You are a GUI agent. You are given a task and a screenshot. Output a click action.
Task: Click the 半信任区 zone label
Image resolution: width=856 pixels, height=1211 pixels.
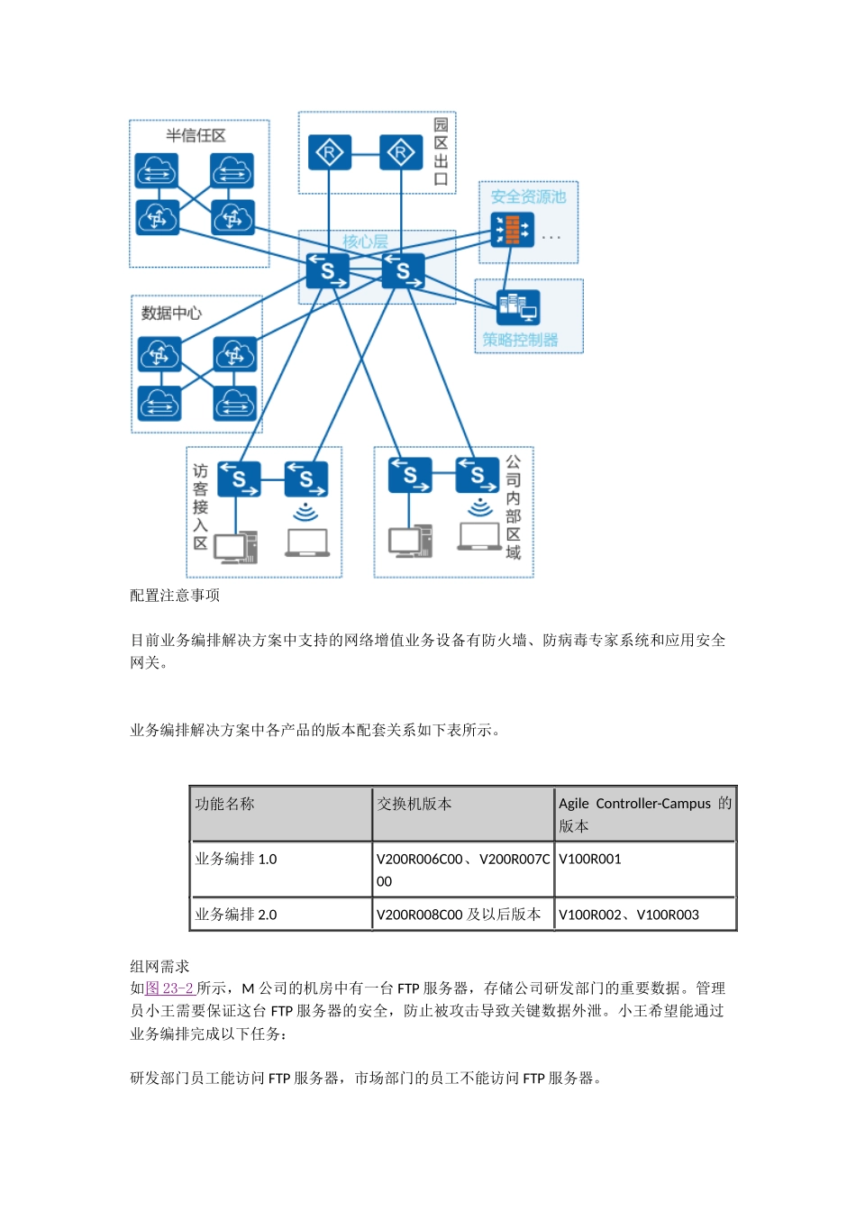[x=196, y=136]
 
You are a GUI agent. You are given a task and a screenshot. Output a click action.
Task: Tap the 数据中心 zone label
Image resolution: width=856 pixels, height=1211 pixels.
[x=171, y=314]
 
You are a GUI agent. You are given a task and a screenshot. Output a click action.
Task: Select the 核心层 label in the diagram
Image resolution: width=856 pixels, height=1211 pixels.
[x=365, y=241]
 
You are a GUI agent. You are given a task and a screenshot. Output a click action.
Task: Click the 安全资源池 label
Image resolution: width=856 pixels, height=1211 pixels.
[x=528, y=196]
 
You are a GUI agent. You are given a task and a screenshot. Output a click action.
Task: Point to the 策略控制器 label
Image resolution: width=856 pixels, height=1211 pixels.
[x=520, y=340]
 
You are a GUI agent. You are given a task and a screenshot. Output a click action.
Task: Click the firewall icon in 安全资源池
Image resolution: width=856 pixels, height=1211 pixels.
[x=511, y=230]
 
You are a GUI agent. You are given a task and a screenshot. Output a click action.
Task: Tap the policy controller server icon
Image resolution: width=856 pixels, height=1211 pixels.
[x=518, y=307]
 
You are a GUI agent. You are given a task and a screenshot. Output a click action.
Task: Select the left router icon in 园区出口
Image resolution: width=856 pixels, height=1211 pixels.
[x=329, y=153]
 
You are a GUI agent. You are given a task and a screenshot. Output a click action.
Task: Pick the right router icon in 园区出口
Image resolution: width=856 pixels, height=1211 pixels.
[x=401, y=153]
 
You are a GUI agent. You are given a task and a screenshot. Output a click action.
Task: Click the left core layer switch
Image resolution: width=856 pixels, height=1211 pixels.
[x=327, y=270]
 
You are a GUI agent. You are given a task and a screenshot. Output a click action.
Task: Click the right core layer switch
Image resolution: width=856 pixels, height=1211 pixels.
[x=403, y=270]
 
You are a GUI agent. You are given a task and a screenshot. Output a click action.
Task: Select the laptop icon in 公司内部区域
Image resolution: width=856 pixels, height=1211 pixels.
[x=479, y=537]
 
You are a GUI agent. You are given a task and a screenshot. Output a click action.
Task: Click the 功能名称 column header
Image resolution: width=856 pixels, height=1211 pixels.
[x=225, y=804]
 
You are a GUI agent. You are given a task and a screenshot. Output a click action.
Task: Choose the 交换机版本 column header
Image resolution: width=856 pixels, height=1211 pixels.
[x=414, y=804]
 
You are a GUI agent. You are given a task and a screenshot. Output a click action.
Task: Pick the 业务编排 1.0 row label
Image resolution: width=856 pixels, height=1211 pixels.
[x=236, y=859]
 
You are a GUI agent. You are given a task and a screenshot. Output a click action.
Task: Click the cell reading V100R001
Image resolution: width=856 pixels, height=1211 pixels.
[x=590, y=859]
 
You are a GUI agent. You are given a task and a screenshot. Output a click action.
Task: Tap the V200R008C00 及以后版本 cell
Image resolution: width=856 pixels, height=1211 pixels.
[x=459, y=915]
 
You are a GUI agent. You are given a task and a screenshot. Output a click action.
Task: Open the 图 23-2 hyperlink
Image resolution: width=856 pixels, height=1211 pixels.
[x=170, y=988]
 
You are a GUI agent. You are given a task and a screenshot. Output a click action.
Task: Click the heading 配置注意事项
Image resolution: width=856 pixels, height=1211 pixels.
[x=175, y=596]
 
